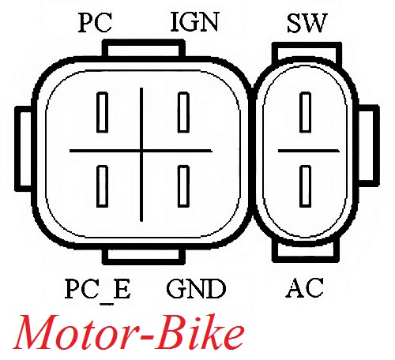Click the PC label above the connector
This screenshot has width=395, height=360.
[95, 23]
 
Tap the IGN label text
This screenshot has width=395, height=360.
[195, 22]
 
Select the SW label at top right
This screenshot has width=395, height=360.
[307, 23]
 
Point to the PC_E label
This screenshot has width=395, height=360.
[97, 290]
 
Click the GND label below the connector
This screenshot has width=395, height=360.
[196, 289]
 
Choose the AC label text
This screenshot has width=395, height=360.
[304, 288]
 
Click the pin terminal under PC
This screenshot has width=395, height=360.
[102, 112]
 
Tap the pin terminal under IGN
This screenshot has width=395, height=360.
[183, 112]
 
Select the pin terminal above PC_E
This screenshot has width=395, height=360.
[102, 186]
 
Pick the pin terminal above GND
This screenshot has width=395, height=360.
[183, 186]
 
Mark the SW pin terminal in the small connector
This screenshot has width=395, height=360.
[306, 112]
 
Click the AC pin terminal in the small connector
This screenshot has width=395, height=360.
[306, 186]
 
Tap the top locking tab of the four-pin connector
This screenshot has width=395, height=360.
[144, 48]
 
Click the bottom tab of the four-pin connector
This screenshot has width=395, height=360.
[144, 256]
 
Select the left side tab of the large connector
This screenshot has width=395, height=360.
[24, 149]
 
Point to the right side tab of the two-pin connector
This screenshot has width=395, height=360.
[369, 146]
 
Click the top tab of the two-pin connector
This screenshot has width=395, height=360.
[307, 51]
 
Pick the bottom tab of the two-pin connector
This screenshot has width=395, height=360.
[306, 251]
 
